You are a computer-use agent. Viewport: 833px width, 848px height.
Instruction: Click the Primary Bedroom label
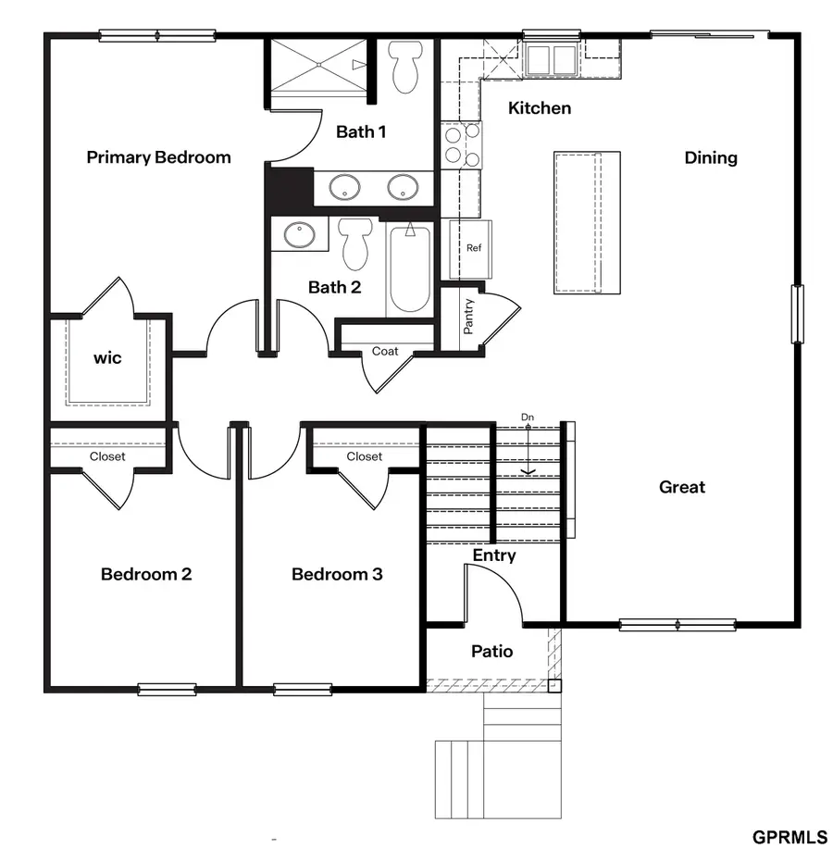(x=158, y=157)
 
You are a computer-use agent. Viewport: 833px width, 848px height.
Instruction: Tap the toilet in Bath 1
(x=404, y=67)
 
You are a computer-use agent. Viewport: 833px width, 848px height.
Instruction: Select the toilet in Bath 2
(x=354, y=243)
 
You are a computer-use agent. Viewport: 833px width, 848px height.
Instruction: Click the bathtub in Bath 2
(x=409, y=269)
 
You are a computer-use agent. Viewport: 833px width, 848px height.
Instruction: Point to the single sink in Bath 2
(x=299, y=234)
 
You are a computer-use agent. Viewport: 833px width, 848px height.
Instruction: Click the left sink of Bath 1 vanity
(x=345, y=187)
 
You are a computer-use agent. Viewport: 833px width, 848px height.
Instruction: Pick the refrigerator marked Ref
(x=473, y=248)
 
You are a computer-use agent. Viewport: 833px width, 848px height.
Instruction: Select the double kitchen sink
(x=552, y=59)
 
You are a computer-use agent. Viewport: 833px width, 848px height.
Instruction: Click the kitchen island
(x=587, y=222)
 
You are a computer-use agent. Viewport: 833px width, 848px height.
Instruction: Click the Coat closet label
(x=385, y=351)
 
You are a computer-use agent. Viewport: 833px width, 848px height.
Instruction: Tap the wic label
(x=107, y=357)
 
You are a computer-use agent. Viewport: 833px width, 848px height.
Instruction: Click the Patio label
(x=491, y=652)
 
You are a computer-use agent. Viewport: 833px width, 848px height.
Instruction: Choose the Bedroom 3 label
(x=337, y=575)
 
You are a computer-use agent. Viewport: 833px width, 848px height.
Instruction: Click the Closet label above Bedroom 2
(x=107, y=456)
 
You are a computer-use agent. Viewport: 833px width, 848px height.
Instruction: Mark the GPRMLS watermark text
(x=789, y=837)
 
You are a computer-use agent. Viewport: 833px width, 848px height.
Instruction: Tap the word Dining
(x=711, y=158)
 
